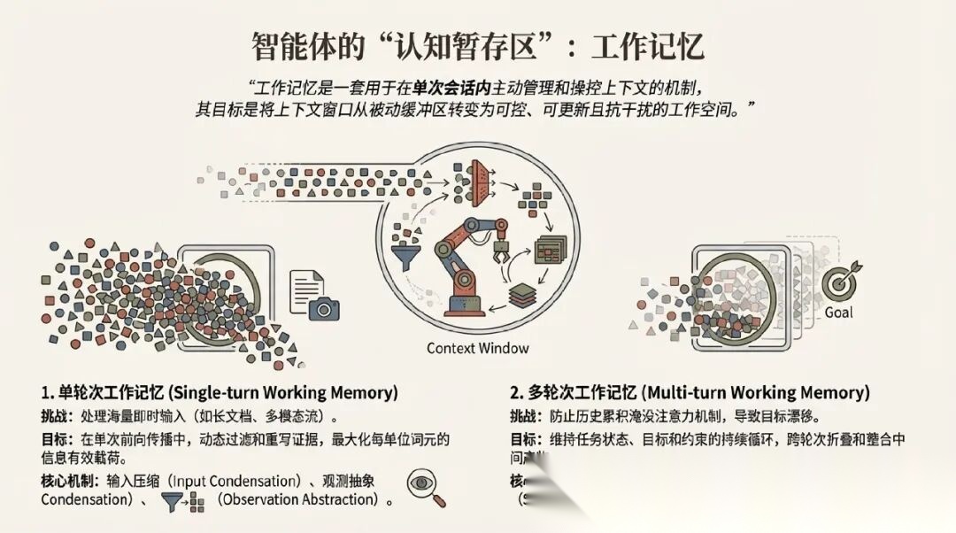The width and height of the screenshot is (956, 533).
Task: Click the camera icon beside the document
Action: pyautogui.click(x=324, y=306)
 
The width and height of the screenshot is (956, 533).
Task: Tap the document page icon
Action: pyautogui.click(x=306, y=286)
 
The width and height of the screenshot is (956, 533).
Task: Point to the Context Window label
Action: pyautogui.click(x=477, y=348)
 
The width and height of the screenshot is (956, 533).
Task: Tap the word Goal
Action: pyautogui.click(x=838, y=313)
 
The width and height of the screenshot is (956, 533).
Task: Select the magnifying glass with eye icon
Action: pyautogui.click(x=426, y=488)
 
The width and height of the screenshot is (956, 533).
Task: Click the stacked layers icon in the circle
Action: pyautogui.click(x=523, y=296)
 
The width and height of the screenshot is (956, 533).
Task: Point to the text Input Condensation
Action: pyautogui.click(x=231, y=481)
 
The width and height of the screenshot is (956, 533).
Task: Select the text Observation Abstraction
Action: pyautogui.click(x=297, y=500)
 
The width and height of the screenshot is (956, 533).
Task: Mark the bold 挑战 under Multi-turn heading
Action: pyautogui.click(x=523, y=416)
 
